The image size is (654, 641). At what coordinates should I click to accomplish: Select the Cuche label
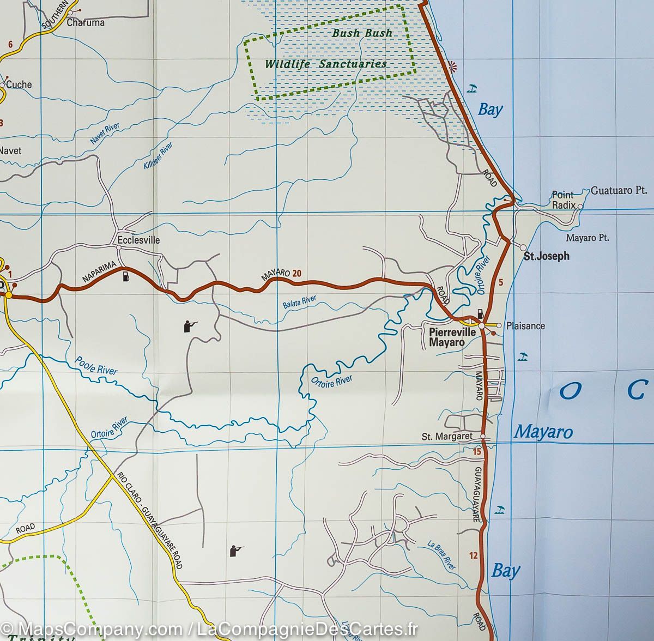19,84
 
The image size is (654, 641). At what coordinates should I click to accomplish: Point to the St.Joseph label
546,256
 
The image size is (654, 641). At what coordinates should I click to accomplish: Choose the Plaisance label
525,326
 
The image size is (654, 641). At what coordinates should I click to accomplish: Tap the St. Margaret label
447,437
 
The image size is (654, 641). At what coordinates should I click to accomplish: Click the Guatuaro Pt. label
619,191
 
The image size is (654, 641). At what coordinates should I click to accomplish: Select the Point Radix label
563,200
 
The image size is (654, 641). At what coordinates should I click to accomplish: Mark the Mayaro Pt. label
588,238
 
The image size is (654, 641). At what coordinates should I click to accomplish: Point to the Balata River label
299,303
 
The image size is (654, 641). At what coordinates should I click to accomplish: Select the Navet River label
105,134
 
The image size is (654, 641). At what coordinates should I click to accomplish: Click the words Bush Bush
362,33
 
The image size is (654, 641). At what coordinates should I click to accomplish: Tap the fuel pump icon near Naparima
126,276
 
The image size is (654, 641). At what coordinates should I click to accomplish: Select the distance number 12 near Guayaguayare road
473,555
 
